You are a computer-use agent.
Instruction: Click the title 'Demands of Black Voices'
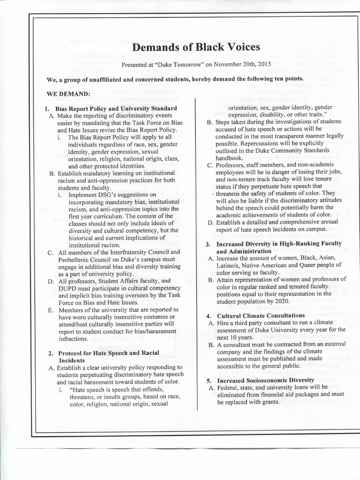[x=196, y=47]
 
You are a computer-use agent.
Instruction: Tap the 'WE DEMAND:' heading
[x=68, y=94]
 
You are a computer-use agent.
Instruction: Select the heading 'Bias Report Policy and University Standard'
[x=116, y=108]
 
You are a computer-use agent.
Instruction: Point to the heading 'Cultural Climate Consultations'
[x=261, y=315]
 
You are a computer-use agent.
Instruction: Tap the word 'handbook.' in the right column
[x=229, y=158]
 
